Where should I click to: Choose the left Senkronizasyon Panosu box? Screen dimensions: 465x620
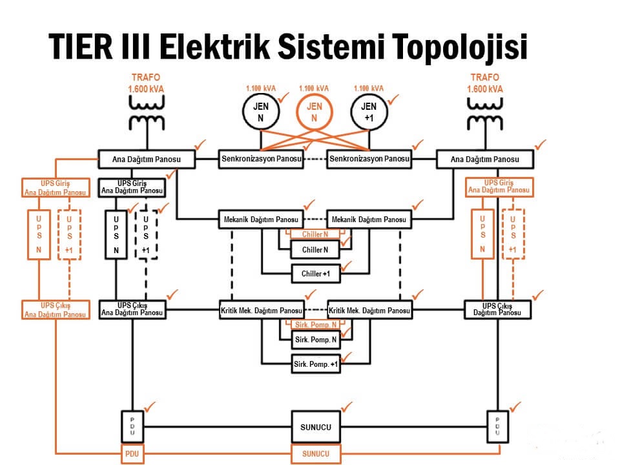pos(261,158)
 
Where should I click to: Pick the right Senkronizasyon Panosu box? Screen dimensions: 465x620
pos(369,158)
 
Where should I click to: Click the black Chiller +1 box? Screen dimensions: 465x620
pos(316,274)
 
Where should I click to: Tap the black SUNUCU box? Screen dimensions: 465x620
pos(316,427)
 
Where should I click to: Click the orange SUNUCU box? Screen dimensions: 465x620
pos(316,453)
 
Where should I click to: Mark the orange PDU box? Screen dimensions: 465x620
pos(132,453)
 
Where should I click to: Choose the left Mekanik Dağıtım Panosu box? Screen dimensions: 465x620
pos(261,220)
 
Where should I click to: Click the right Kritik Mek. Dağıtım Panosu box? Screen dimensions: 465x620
pos(369,311)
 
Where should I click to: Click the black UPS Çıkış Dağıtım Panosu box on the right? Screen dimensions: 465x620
pos(498,309)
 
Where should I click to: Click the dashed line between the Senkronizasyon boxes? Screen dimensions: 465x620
pos(315,159)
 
